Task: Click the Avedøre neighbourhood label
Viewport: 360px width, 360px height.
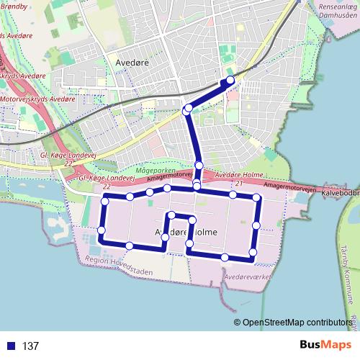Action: (x=132, y=63)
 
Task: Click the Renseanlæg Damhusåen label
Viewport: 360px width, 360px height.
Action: (x=329, y=9)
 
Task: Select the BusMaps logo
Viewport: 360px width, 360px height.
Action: (x=325, y=345)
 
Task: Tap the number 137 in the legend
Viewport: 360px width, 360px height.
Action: (x=30, y=346)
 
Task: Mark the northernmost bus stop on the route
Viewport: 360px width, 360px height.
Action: (x=230, y=80)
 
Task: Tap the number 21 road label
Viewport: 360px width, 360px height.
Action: (x=238, y=184)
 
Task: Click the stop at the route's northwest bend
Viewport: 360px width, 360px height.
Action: (x=188, y=109)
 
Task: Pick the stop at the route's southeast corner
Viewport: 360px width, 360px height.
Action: (x=253, y=251)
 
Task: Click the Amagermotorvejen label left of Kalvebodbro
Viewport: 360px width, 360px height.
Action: (x=289, y=186)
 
